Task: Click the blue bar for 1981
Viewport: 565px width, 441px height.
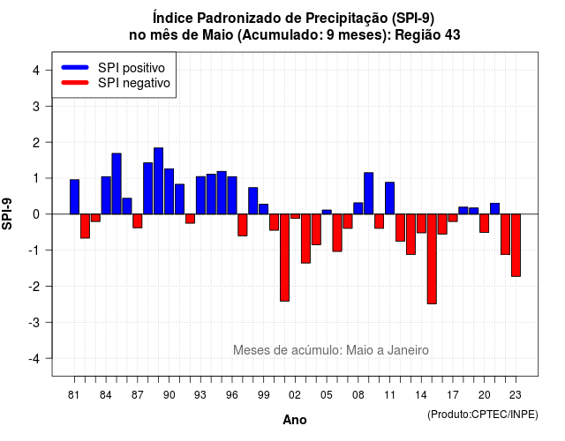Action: tap(74, 197)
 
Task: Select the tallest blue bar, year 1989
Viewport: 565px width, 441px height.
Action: tap(159, 181)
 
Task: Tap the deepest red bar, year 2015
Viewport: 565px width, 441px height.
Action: tap(432, 258)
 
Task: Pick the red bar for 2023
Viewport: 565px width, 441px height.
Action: tap(516, 245)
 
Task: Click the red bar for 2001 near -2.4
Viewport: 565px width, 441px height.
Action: tap(284, 258)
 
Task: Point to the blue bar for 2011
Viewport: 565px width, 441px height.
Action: tap(389, 198)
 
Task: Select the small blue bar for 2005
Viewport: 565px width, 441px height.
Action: tap(327, 212)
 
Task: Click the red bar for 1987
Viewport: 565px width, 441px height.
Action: tap(138, 221)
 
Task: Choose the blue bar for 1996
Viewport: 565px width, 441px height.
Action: tap(232, 196)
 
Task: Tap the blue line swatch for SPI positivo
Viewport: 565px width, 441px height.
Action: tap(75, 67)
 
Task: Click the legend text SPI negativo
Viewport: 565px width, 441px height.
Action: tap(134, 83)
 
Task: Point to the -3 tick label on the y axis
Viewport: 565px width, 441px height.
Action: tap(34, 322)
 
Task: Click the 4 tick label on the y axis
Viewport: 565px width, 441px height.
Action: tap(36, 71)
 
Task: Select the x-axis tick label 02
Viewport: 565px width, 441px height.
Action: tap(294, 395)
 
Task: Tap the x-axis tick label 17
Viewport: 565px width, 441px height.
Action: tap(453, 395)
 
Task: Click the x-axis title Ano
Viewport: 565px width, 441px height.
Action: tap(295, 420)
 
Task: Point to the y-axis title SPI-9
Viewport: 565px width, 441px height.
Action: tap(7, 213)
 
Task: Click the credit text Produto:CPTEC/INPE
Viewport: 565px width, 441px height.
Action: tap(483, 415)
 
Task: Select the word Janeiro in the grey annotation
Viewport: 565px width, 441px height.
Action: tap(408, 350)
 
